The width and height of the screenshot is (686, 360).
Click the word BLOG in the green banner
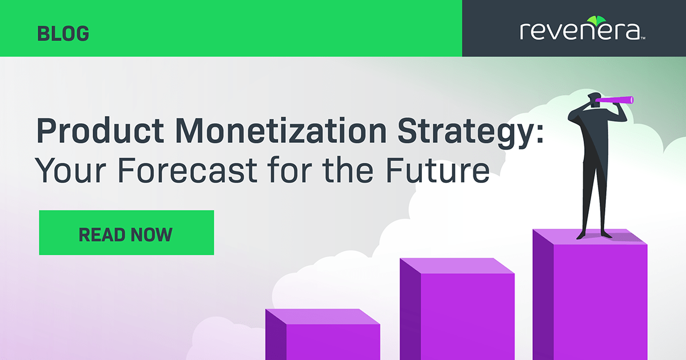pyautogui.click(x=63, y=34)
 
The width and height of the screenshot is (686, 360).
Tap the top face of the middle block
pyautogui.click(x=457, y=266)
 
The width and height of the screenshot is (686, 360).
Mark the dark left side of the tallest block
pyautogui.click(x=544, y=297)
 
